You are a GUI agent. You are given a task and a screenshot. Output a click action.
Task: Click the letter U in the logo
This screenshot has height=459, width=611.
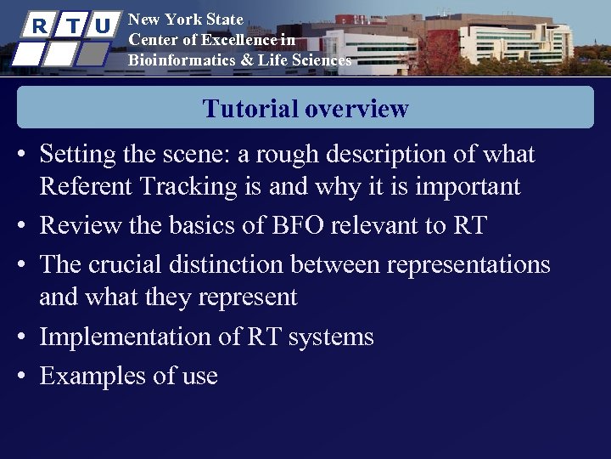click(103, 26)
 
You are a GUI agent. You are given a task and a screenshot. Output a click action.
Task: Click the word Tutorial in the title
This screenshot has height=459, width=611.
click(249, 109)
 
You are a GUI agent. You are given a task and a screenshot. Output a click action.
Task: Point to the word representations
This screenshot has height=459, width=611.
click(468, 264)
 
